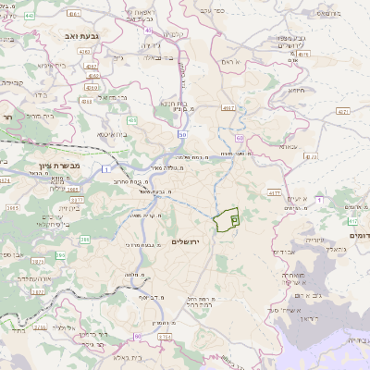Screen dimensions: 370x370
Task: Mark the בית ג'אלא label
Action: click(126, 354)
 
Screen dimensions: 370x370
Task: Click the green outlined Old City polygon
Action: click(226, 221)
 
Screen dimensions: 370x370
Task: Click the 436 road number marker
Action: click(131, 119)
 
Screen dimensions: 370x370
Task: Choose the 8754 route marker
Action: click(164, 338)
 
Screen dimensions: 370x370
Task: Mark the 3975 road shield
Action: click(77, 197)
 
